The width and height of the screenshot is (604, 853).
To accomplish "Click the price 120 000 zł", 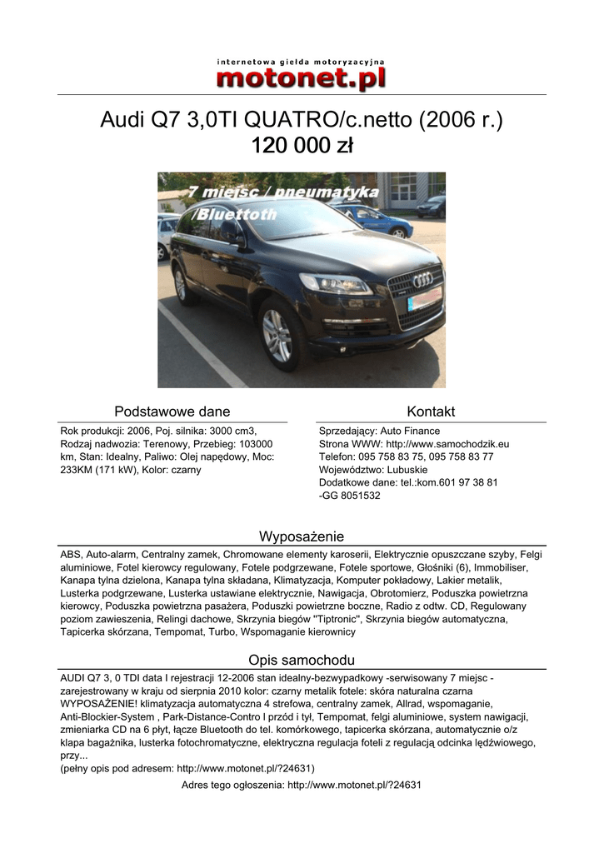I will pos(302,147).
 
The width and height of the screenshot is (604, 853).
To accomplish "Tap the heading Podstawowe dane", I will pos(172,412).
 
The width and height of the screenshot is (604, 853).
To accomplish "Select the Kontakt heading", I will pos(431,412).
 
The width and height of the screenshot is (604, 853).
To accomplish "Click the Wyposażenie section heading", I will pos(302,536).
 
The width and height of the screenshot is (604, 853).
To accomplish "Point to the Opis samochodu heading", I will pos(302,660).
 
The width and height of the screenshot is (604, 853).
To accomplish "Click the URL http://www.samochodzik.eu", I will pos(448,444).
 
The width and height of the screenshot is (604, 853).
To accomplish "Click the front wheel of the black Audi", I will pos(278,334).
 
